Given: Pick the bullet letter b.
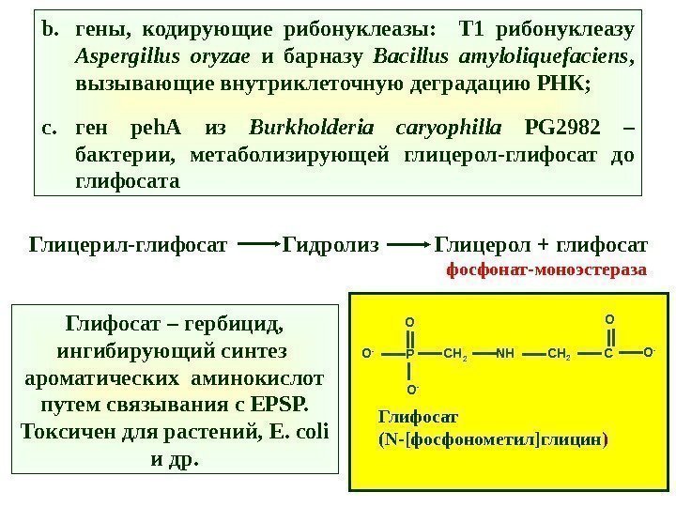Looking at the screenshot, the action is (50, 25).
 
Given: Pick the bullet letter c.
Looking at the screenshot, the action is (50, 127).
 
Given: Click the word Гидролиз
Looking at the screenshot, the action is (331, 246).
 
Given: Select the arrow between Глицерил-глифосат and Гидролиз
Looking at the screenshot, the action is (256, 246).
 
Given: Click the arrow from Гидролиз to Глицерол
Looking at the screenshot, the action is (407, 246).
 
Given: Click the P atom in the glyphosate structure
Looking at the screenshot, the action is (410, 355).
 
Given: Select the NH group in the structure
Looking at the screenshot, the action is (504, 355).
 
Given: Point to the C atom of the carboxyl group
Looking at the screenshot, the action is (607, 355).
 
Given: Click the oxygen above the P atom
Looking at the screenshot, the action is (410, 323).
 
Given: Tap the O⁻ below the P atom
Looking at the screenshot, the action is (410, 387).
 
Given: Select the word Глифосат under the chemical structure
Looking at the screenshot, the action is (410, 417).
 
